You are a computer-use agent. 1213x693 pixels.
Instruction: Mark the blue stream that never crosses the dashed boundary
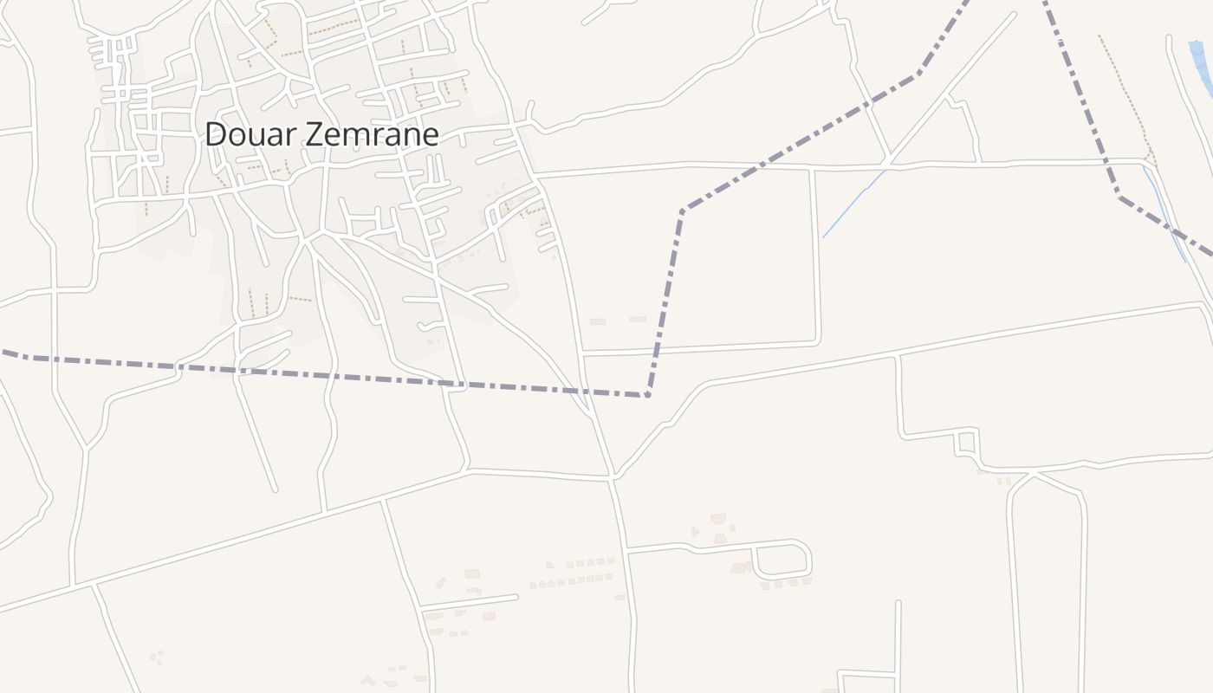point(853,204)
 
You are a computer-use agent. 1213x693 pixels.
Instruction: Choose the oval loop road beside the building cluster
point(782,560)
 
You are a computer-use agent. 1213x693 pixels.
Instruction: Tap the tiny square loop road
point(966,443)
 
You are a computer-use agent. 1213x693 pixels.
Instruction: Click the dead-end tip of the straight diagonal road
point(1013,15)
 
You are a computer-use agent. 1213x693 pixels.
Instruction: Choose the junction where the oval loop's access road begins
point(626,549)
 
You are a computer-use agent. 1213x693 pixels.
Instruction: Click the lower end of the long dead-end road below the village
point(276,490)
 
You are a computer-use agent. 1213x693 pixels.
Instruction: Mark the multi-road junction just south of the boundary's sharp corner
point(613,476)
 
